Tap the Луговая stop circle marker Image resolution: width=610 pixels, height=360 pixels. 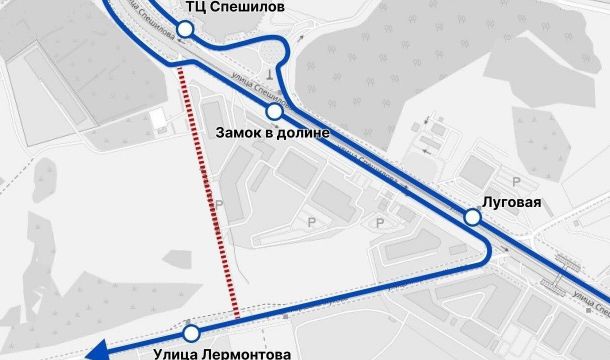pyautogui.click(x=472, y=217)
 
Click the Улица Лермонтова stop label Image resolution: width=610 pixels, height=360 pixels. pyautogui.click(x=223, y=353)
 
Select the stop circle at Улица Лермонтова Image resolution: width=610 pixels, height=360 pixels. pyautogui.click(x=191, y=332)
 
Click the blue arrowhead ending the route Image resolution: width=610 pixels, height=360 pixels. pyautogui.click(x=96, y=350)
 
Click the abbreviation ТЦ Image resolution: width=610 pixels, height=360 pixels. pyautogui.click(x=196, y=7)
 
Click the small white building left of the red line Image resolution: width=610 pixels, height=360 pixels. pyautogui.click(x=158, y=119)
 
